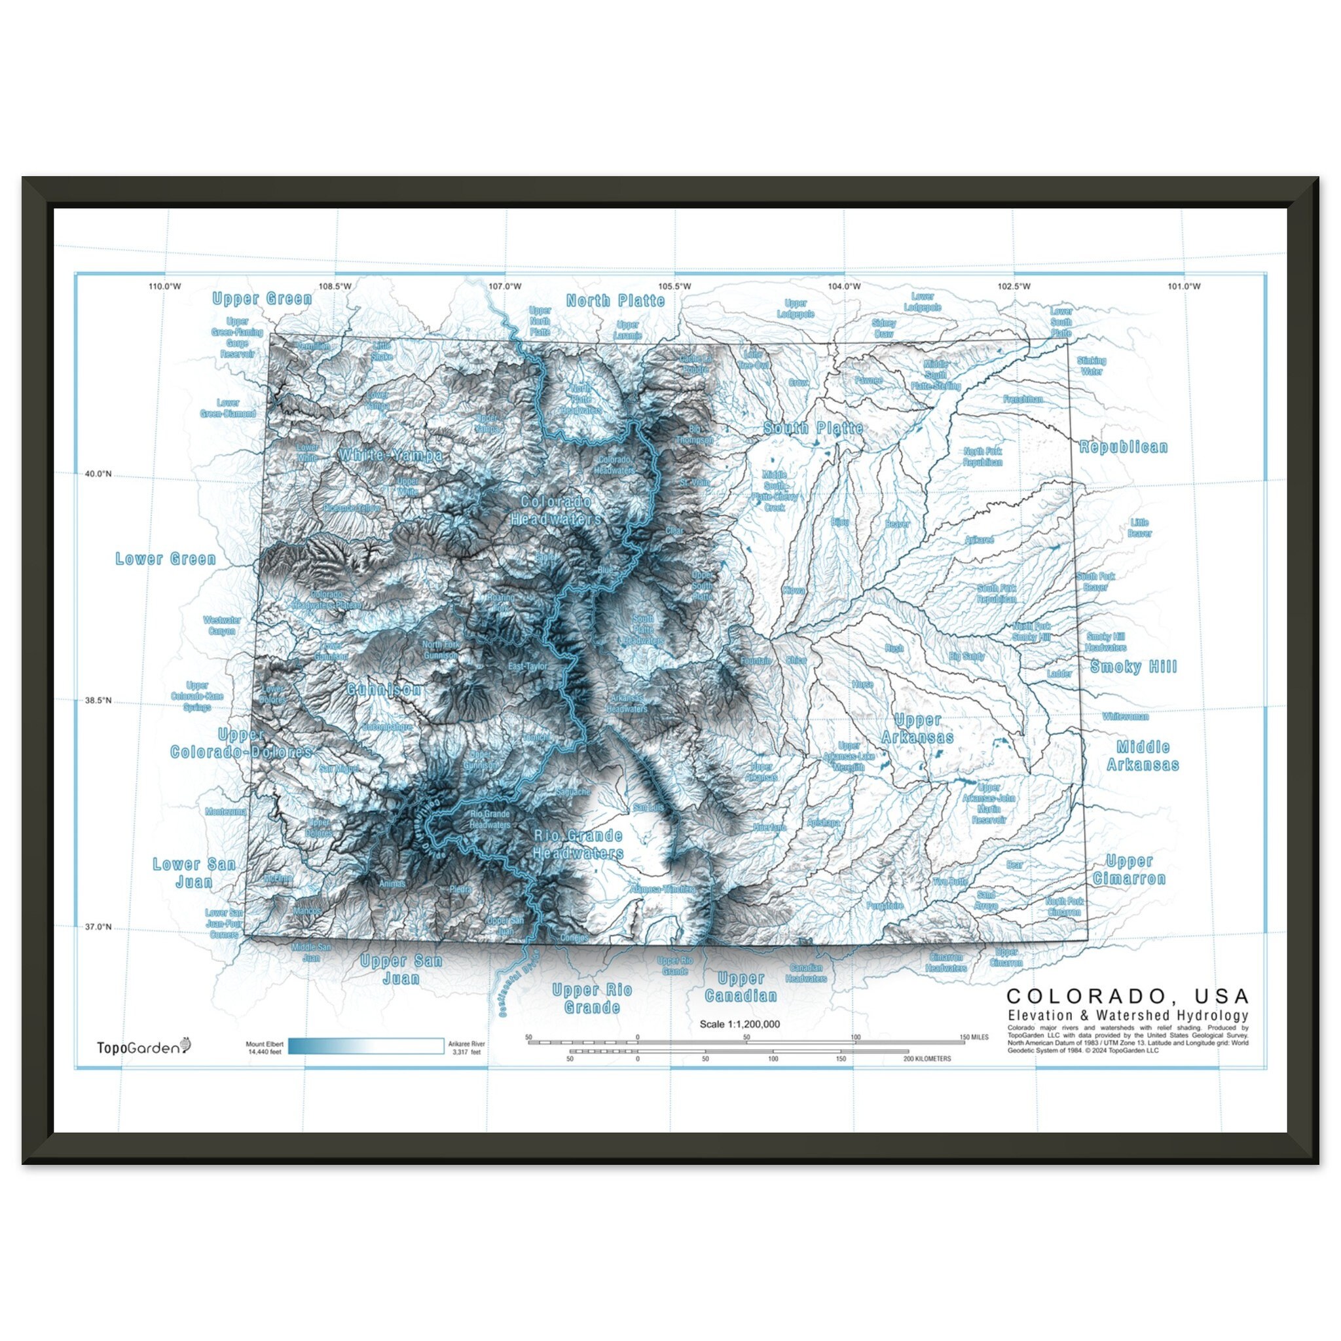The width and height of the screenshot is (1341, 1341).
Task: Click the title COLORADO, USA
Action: tap(1128, 997)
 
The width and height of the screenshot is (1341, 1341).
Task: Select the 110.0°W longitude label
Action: tap(164, 287)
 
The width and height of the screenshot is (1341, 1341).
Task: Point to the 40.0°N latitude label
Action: tap(98, 474)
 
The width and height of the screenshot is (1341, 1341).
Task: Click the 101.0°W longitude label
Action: tap(1183, 287)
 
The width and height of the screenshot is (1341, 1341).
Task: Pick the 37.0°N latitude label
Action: tap(98, 927)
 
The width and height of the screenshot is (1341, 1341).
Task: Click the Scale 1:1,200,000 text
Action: tap(739, 1024)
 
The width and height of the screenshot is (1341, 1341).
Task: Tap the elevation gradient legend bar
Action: tap(366, 1046)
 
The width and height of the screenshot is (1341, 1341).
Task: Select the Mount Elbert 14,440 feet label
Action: tap(265, 1048)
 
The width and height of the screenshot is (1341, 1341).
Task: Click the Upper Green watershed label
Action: tap(262, 299)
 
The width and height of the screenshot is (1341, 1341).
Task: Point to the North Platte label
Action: tap(615, 301)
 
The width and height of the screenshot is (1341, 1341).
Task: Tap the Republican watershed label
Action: tap(1123, 447)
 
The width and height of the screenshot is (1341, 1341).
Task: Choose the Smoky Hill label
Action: tap(1133, 667)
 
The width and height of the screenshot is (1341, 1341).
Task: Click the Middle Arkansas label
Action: tap(1143, 756)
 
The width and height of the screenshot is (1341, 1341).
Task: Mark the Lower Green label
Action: tap(165, 559)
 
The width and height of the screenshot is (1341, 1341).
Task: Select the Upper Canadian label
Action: tap(741, 987)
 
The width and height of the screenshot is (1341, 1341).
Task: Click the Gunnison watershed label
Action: tap(384, 689)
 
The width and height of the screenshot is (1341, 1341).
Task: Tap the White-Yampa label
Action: tap(391, 455)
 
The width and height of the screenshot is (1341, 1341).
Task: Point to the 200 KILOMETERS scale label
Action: tap(927, 1059)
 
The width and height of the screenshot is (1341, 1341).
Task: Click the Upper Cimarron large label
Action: tap(1130, 870)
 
